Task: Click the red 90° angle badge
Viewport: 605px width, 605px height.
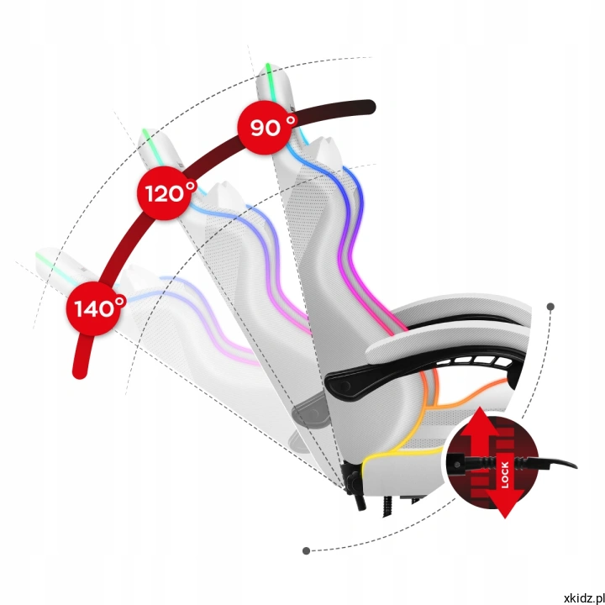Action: point(266,128)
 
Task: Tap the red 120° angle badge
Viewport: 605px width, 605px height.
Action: point(166,193)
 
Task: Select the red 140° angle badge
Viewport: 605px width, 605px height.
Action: point(94,308)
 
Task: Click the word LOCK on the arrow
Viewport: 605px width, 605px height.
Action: point(505,475)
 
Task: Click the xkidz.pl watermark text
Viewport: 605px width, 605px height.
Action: point(584,598)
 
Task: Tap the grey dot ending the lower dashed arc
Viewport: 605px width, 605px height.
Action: point(307,550)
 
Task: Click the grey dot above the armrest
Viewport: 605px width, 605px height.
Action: point(550,307)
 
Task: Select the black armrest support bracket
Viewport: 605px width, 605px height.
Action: point(417,371)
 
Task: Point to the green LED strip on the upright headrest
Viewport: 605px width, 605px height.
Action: point(270,81)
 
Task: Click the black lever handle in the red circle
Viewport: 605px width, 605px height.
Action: point(509,463)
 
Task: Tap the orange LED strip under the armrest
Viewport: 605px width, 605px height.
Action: point(467,397)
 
